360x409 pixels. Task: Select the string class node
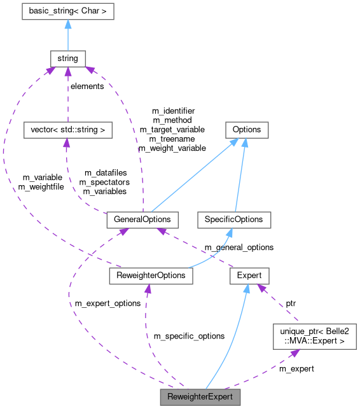pos(67,58)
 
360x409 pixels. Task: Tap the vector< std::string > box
pos(67,130)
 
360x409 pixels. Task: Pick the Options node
pos(246,130)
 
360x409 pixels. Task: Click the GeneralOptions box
pos(142,220)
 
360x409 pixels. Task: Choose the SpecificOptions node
pos(234,220)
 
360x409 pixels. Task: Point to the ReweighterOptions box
pos(151,275)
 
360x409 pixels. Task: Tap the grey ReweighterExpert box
pos(200,398)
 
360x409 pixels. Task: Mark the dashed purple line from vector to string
pos(67,95)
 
